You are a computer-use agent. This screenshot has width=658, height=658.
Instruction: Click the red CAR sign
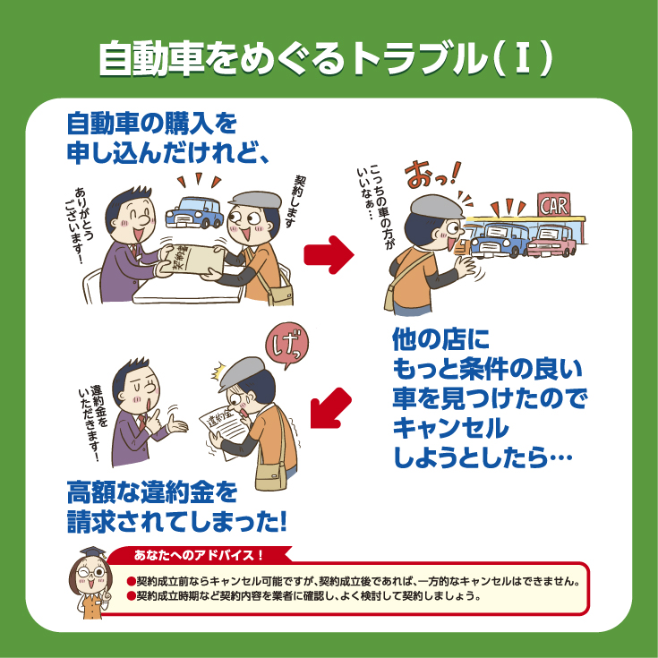tap(554, 205)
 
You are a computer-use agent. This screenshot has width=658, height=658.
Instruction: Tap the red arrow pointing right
tap(329, 254)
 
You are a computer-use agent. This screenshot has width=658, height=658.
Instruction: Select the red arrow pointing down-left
tap(330, 408)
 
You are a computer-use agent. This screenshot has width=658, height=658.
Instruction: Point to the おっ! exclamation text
tap(432, 175)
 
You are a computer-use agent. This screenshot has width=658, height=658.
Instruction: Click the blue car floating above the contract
tap(194, 213)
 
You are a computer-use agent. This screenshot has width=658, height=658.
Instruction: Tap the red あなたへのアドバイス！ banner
tap(199, 555)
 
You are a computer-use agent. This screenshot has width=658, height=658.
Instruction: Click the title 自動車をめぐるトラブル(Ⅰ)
tap(326, 58)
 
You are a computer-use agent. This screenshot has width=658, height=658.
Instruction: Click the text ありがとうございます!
tap(79, 226)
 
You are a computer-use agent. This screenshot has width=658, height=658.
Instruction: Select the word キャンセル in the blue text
tap(450, 428)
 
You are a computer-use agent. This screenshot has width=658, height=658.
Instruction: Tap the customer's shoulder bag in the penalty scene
tap(271, 476)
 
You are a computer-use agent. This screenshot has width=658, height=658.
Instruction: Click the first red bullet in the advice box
tap(132, 582)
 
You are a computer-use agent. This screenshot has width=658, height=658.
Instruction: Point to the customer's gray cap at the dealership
tap(437, 207)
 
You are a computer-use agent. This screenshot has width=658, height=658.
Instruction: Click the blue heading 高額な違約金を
tap(152, 492)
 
